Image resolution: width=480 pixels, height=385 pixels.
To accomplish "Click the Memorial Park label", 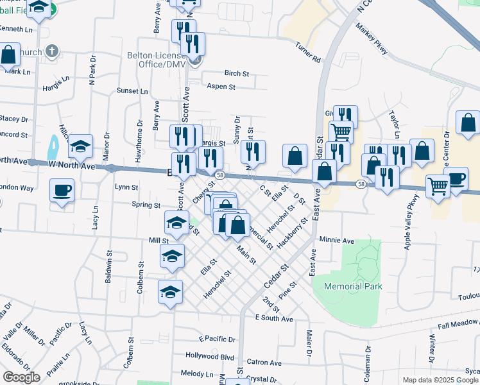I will [353, 286].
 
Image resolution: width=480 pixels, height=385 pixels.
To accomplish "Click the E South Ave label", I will [274, 318].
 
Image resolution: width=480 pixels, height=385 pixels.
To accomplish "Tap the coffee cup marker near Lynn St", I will [62, 191].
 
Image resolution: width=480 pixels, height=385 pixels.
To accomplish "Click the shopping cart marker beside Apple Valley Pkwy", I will [438, 187].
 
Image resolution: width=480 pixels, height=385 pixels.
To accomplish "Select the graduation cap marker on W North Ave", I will [80, 147].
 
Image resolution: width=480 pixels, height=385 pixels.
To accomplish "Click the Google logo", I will [21, 377].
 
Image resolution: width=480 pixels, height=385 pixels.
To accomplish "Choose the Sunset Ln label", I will [132, 91].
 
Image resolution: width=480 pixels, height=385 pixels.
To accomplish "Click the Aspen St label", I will [221, 87].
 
